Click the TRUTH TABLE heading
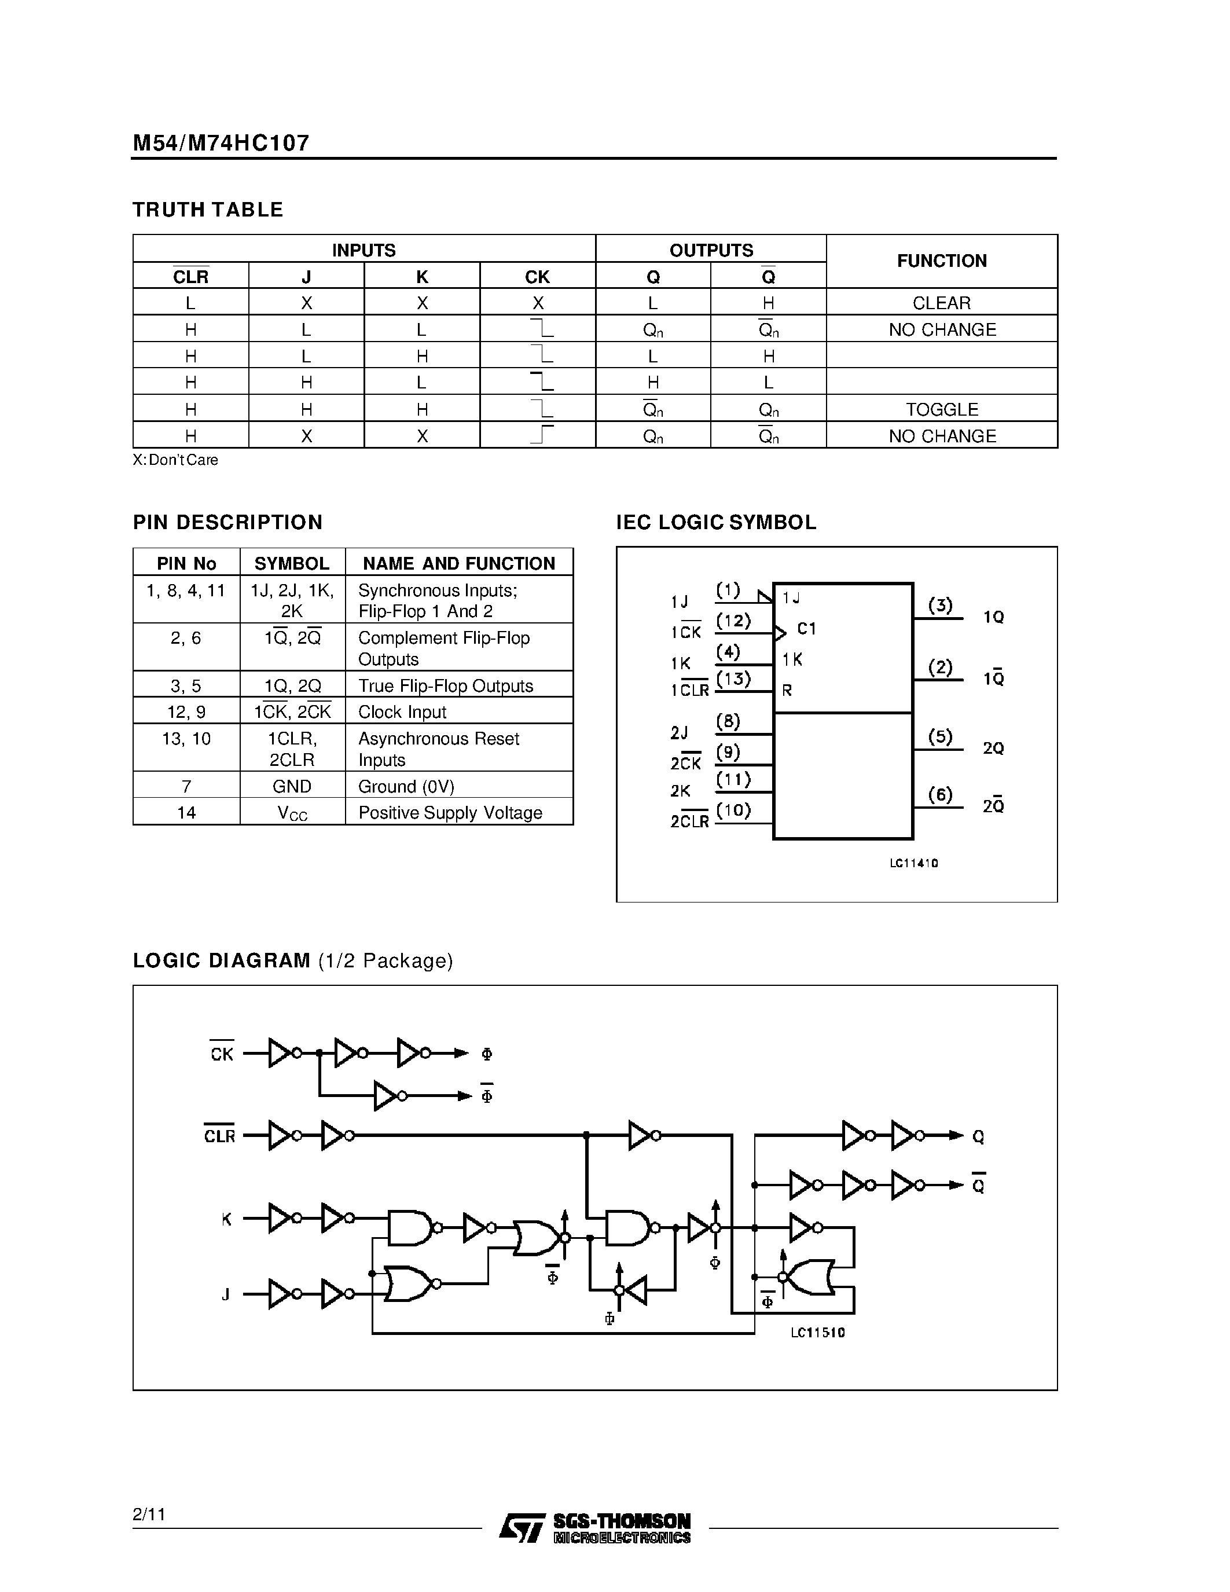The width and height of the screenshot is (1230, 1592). [208, 210]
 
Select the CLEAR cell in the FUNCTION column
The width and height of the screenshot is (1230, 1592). [941, 303]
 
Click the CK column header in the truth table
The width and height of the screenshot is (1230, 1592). [537, 277]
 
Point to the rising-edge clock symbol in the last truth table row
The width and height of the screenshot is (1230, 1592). [541, 435]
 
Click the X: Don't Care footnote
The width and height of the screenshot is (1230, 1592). [175, 460]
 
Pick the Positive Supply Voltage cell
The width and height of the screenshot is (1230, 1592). [450, 813]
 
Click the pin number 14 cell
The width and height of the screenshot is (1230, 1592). [186, 813]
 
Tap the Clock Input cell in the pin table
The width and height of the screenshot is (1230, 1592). [402, 711]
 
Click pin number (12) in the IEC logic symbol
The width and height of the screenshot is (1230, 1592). [733, 621]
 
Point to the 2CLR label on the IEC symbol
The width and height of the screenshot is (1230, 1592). [689, 821]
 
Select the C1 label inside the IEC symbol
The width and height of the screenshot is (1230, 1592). [807, 628]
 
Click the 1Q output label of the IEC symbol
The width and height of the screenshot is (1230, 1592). [993, 617]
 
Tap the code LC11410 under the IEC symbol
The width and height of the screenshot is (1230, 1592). [914, 863]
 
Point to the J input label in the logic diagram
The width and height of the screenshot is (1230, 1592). [226, 1294]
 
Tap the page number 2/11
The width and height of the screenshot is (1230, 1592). [149, 1514]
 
